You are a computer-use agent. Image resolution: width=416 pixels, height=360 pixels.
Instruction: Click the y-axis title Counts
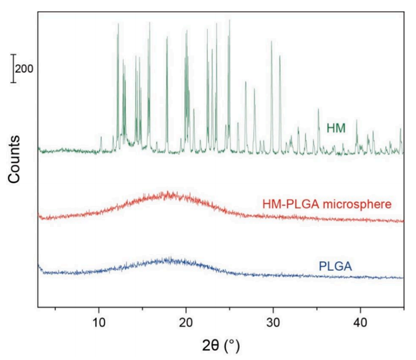pyautogui.click(x=14, y=159)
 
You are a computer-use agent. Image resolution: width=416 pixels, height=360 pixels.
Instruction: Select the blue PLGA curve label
pyautogui.click(x=335, y=265)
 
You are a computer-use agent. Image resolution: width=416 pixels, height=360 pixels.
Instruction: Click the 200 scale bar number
pyautogui.click(x=24, y=68)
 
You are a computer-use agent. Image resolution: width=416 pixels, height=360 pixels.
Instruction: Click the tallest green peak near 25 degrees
pyautogui.click(x=229, y=20)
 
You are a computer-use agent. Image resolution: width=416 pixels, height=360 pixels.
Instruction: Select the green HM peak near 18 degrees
pyautogui.click(x=167, y=38)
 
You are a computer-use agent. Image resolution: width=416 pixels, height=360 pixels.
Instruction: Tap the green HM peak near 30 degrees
pyautogui.click(x=271, y=42)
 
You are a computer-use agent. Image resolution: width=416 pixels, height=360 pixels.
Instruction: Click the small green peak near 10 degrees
pyautogui.click(x=101, y=138)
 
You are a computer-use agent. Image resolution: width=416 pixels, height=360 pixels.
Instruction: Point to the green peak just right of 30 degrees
pyautogui.click(x=280, y=57)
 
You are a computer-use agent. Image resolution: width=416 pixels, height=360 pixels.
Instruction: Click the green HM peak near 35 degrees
pyautogui.click(x=318, y=110)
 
